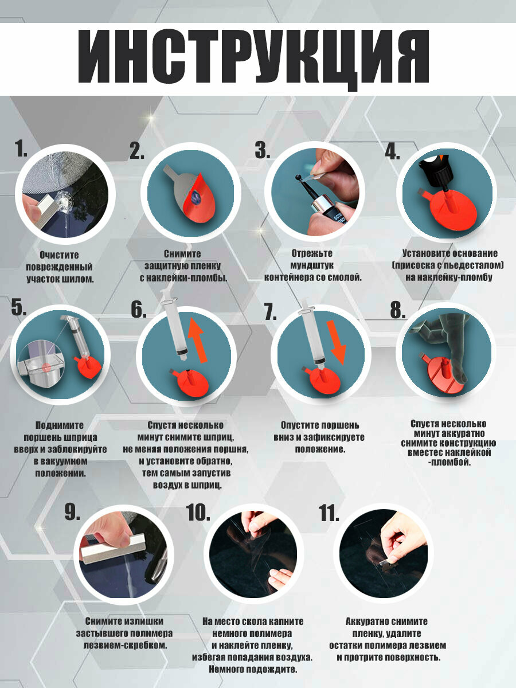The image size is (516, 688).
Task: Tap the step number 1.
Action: click(21, 148)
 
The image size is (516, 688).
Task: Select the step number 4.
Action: click(392, 151)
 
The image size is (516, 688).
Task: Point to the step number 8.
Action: click(397, 310)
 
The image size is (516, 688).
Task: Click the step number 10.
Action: click(198, 513)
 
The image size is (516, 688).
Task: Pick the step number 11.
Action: click(329, 513)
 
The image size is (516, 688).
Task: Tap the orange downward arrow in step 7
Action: click(337, 343)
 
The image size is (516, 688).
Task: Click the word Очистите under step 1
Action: click(59, 255)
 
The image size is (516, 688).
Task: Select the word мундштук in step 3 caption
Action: click(312, 265)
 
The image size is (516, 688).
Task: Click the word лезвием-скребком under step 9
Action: click(125, 645)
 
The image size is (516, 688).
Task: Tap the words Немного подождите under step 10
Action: click(253, 669)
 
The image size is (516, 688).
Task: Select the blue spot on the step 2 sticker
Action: click(197, 199)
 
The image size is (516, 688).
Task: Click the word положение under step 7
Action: click(319, 449)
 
